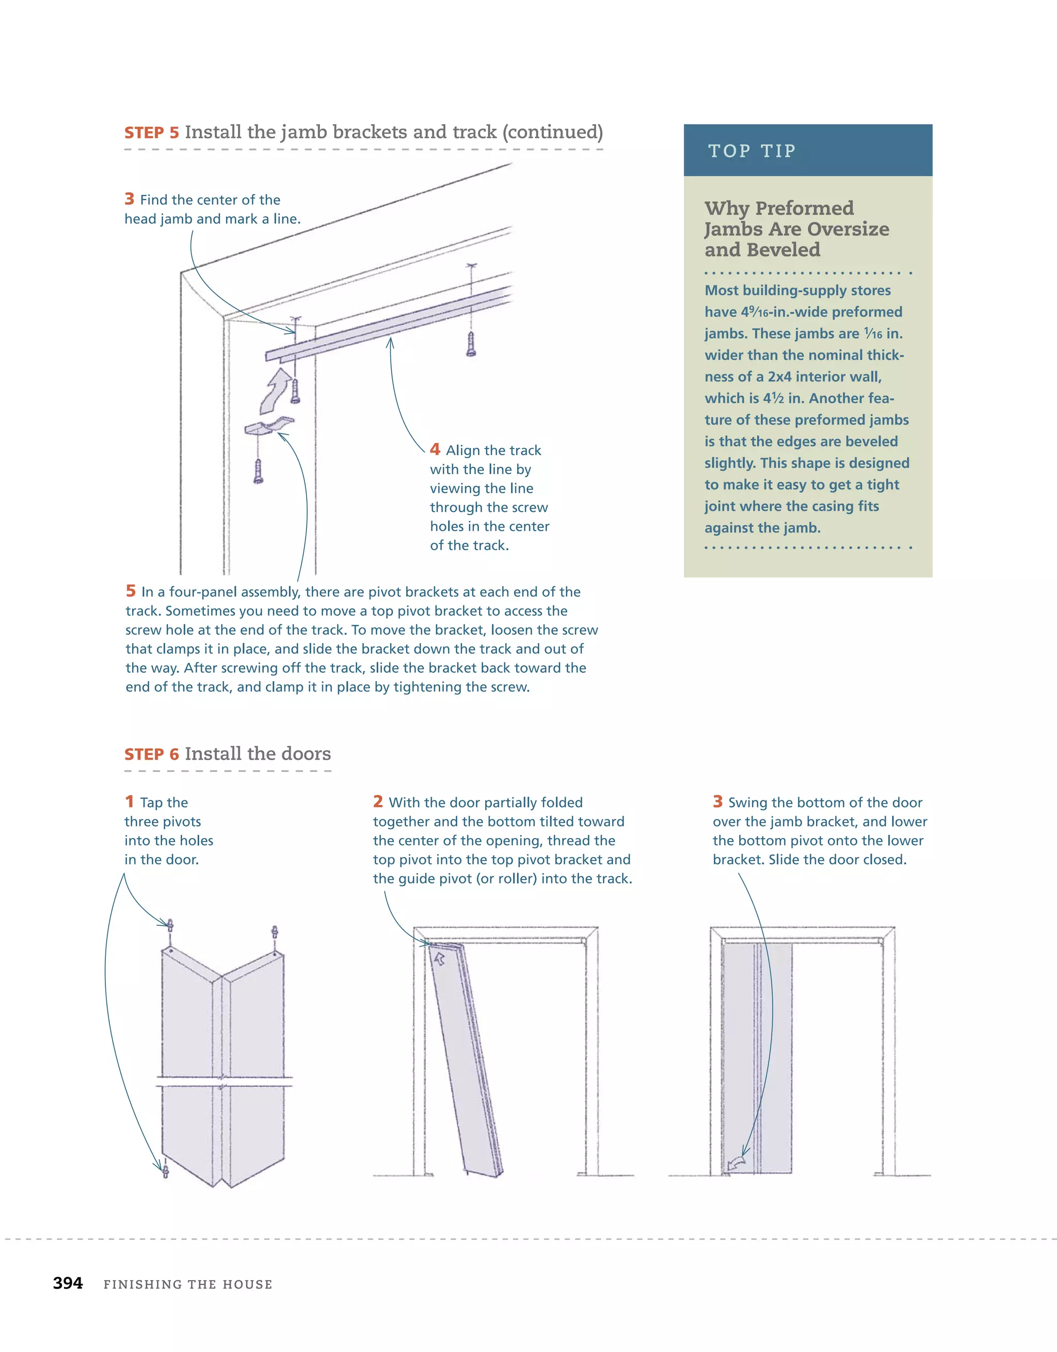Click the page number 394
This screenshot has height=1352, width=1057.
pyautogui.click(x=68, y=1283)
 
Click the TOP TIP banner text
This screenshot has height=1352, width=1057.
pyautogui.click(x=752, y=151)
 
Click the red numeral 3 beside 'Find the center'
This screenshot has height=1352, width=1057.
pyautogui.click(x=130, y=199)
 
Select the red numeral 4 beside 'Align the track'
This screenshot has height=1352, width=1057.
pyautogui.click(x=435, y=449)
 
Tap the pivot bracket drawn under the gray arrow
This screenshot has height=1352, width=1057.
pyautogui.click(x=267, y=427)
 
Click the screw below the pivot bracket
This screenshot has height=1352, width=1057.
pyautogui.click(x=258, y=471)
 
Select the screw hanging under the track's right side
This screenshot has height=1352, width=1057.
pyautogui.click(x=471, y=344)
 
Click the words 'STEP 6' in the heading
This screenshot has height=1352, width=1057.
pyautogui.click(x=152, y=754)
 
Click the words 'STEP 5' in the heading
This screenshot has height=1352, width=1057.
pyautogui.click(x=152, y=133)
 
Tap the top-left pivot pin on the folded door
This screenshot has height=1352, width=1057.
pyautogui.click(x=170, y=927)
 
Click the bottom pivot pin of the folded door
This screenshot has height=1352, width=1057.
pyautogui.click(x=165, y=1171)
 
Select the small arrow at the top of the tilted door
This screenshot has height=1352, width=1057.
pyautogui.click(x=440, y=959)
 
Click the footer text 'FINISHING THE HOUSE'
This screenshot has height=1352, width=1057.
pyautogui.click(x=188, y=1284)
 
